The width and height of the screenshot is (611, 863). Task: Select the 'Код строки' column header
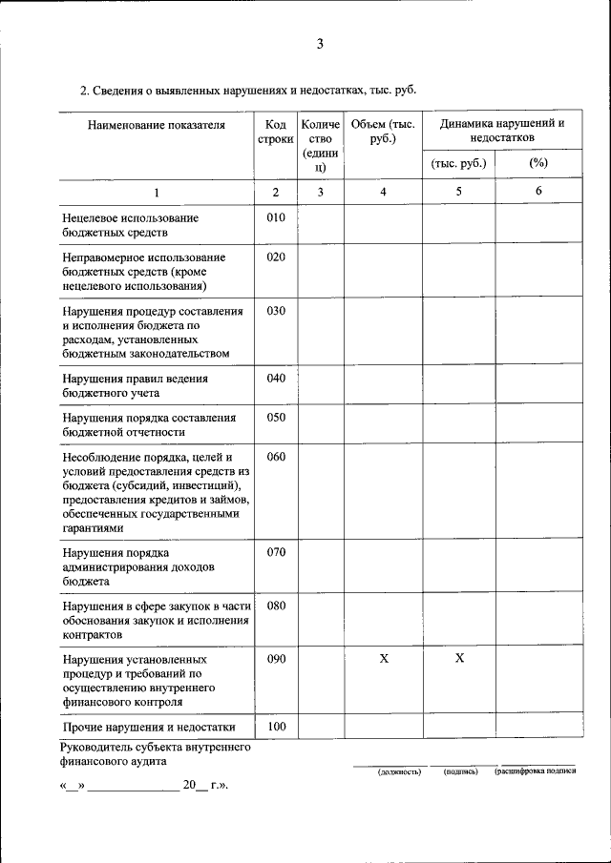[x=275, y=132]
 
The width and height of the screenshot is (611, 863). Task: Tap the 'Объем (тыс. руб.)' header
[x=382, y=132]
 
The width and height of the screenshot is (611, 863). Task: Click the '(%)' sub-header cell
[x=537, y=163]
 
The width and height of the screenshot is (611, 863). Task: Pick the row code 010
[x=276, y=218]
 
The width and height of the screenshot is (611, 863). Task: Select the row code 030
[x=276, y=311]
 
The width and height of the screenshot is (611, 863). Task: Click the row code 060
[x=276, y=457]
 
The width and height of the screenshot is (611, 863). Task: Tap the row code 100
[x=276, y=727]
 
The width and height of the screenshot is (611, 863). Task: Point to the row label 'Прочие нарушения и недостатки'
[x=148, y=728]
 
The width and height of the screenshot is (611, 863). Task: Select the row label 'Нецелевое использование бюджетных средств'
[x=130, y=225]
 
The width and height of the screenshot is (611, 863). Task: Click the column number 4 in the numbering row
[x=383, y=192]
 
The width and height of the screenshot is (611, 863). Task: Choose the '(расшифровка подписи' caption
[x=535, y=771]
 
